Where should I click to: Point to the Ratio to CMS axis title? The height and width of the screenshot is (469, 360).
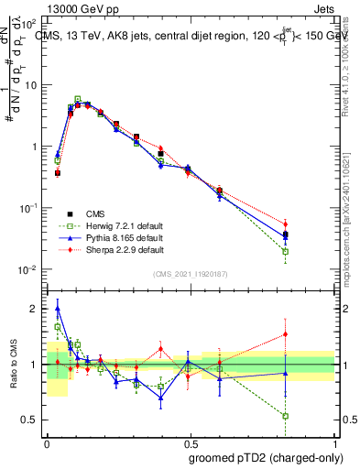point(12,365)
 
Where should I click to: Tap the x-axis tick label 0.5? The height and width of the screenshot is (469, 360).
point(189,443)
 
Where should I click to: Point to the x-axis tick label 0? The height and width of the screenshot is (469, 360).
point(46,443)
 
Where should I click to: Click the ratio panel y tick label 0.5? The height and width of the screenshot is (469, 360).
point(31,420)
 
